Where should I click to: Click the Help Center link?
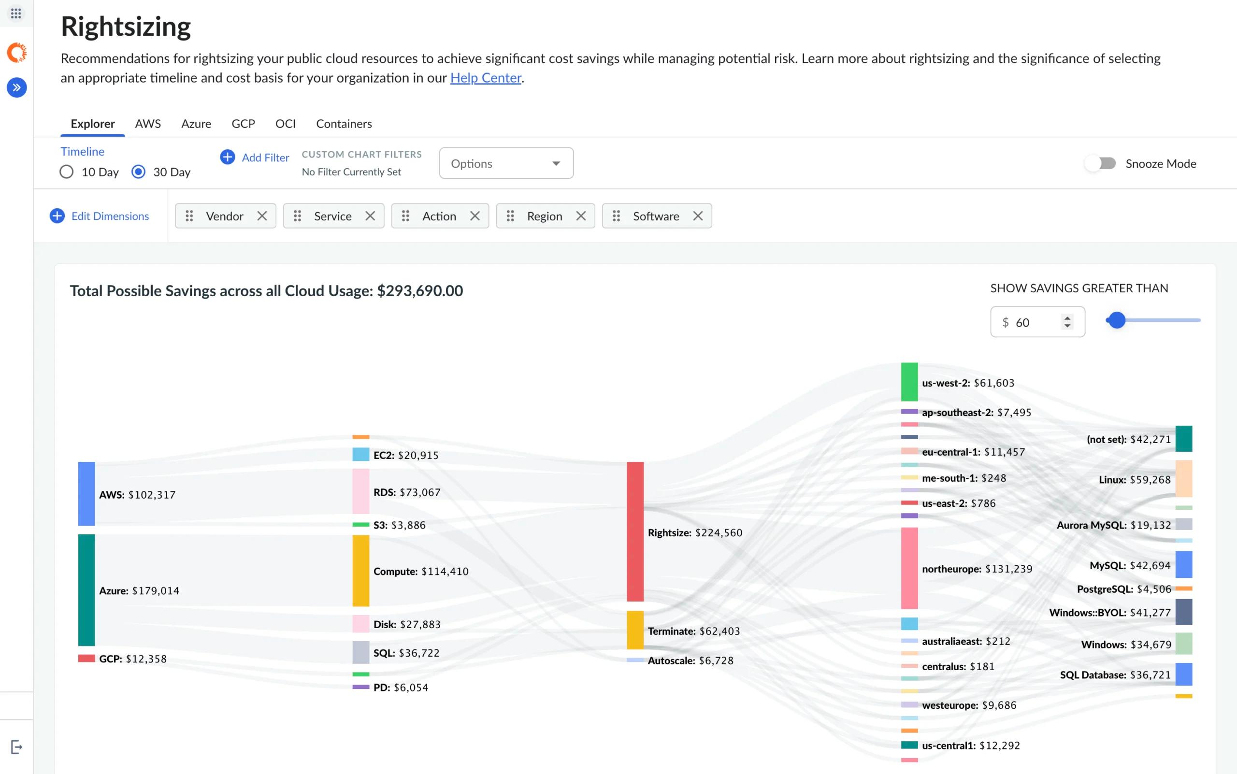[486, 78]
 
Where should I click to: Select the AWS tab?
[148, 124]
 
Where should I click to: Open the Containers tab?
[344, 124]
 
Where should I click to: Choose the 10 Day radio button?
[67, 172]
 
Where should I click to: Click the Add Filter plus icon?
[227, 157]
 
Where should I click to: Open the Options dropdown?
[506, 163]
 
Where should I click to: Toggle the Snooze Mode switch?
[1100, 163]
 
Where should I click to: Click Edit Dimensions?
[100, 216]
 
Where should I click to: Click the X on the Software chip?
[698, 216]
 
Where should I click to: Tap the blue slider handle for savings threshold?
[1117, 320]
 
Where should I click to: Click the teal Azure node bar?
[86, 590]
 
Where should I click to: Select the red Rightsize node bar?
[635, 531]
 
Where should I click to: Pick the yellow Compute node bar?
[361, 571]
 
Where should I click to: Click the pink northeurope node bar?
[909, 568]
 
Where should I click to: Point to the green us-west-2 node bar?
[909, 382]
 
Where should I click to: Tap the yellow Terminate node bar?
[635, 630]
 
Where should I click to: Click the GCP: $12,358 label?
[133, 659]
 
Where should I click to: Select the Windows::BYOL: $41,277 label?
[1110, 613]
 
